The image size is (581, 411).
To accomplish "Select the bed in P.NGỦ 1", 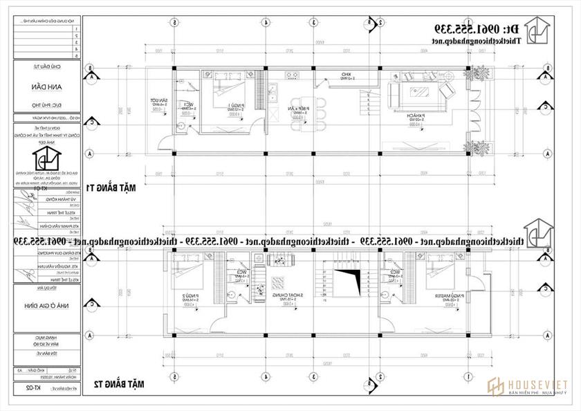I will (224, 86).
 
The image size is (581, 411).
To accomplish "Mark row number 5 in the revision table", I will (74, 55).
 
